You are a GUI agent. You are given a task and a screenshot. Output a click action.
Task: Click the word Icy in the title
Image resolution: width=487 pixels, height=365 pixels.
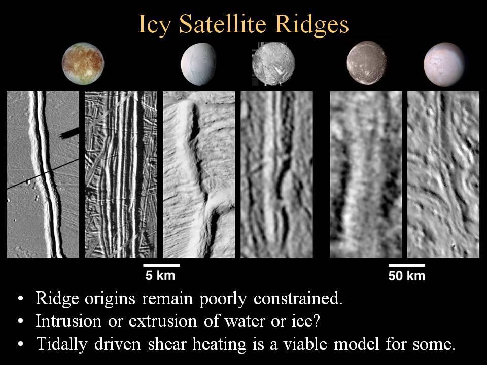(154, 24)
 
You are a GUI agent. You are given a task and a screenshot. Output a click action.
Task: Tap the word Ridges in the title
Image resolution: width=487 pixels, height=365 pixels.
(312, 25)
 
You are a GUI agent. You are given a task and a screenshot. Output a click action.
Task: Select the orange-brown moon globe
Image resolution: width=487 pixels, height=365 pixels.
(83, 64)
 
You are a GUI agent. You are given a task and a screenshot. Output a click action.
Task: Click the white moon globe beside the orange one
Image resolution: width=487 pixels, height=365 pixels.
(198, 64)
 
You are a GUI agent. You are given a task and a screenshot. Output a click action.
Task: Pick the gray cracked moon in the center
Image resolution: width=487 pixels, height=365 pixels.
(273, 64)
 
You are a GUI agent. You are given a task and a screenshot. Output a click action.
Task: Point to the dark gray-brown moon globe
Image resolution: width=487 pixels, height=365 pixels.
(366, 63)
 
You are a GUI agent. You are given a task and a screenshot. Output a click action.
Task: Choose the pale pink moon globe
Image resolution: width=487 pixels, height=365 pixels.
(444, 64)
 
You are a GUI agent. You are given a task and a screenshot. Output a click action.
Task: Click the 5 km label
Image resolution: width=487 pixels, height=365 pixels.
(160, 275)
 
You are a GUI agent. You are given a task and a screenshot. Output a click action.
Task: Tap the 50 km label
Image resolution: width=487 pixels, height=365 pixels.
(406, 276)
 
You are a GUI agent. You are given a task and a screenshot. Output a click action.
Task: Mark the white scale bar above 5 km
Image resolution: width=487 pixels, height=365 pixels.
(161, 265)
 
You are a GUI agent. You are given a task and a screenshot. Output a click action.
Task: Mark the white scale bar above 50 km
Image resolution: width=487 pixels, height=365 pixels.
(406, 265)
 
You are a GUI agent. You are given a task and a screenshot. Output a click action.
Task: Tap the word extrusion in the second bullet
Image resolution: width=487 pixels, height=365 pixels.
(163, 321)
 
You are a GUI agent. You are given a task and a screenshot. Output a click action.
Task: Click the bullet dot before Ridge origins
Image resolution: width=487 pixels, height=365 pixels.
(20, 299)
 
